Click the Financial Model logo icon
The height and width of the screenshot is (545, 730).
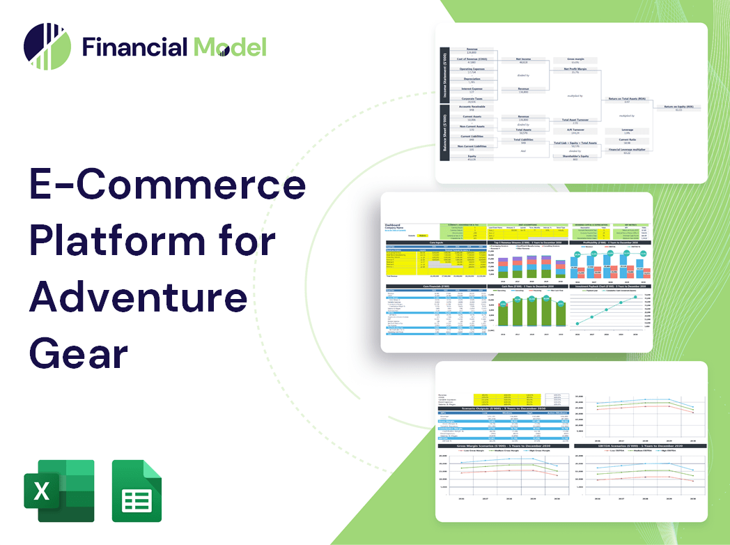pos(47,47)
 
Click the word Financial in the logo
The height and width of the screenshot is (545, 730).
pos(134,47)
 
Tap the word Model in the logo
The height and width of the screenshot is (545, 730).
pos(230,47)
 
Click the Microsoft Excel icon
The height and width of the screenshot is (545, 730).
pos(59,491)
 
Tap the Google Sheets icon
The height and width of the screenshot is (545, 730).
pos(137,491)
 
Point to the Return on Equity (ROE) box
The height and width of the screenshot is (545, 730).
pos(678,107)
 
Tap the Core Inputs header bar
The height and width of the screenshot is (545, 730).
pos(435,243)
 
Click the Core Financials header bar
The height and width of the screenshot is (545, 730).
pos(435,286)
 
